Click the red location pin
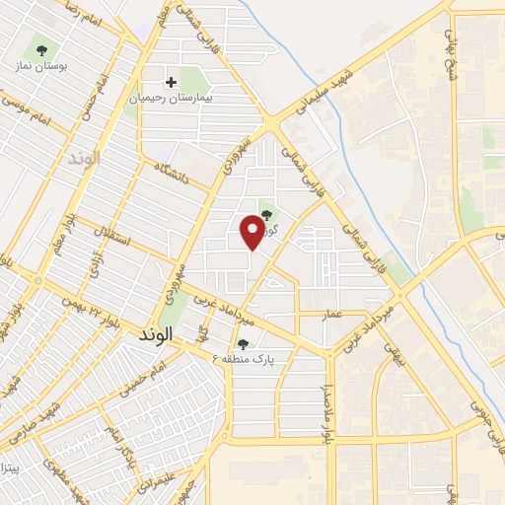coord(253,232)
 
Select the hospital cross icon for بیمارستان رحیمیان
coord(172,82)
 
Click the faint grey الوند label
coord(85,158)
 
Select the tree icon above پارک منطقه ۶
coord(243,342)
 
